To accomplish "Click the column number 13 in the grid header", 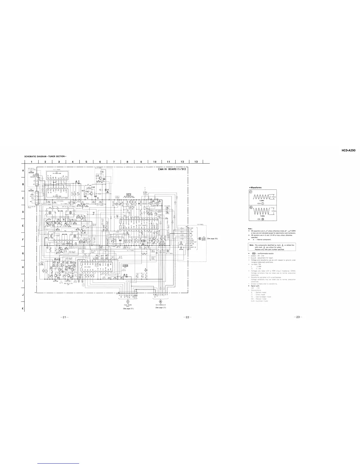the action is (x=196, y=161).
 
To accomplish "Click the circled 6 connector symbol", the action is (x=200, y=238).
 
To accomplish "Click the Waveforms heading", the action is (x=256, y=187).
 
